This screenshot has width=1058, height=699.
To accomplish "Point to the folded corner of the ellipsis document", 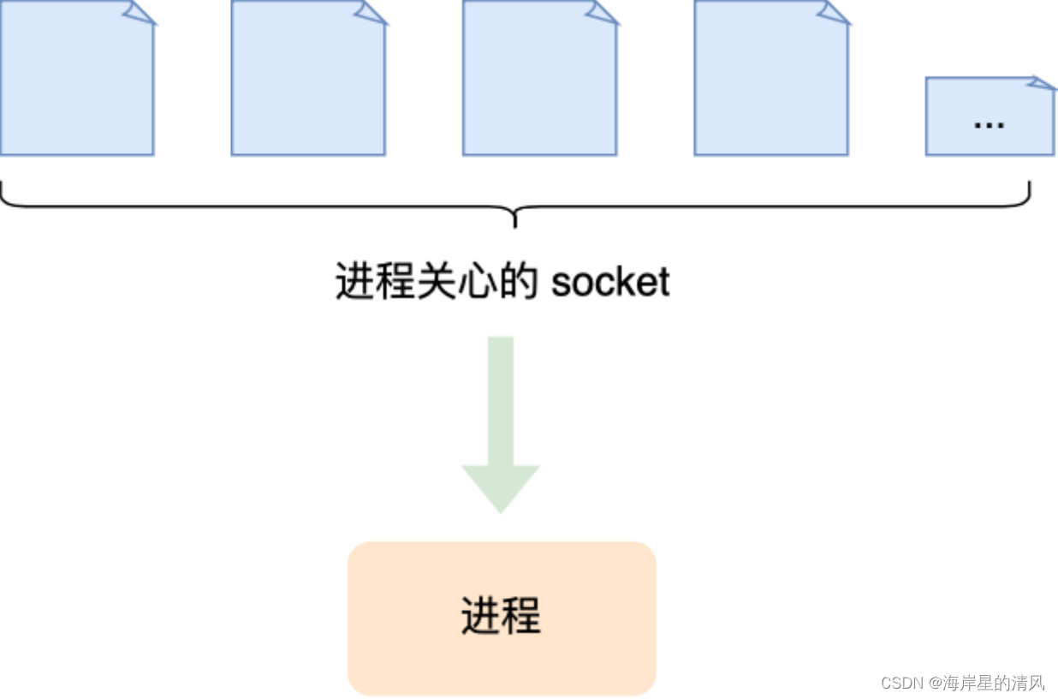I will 1043,83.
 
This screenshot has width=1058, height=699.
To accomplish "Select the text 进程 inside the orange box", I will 501,616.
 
